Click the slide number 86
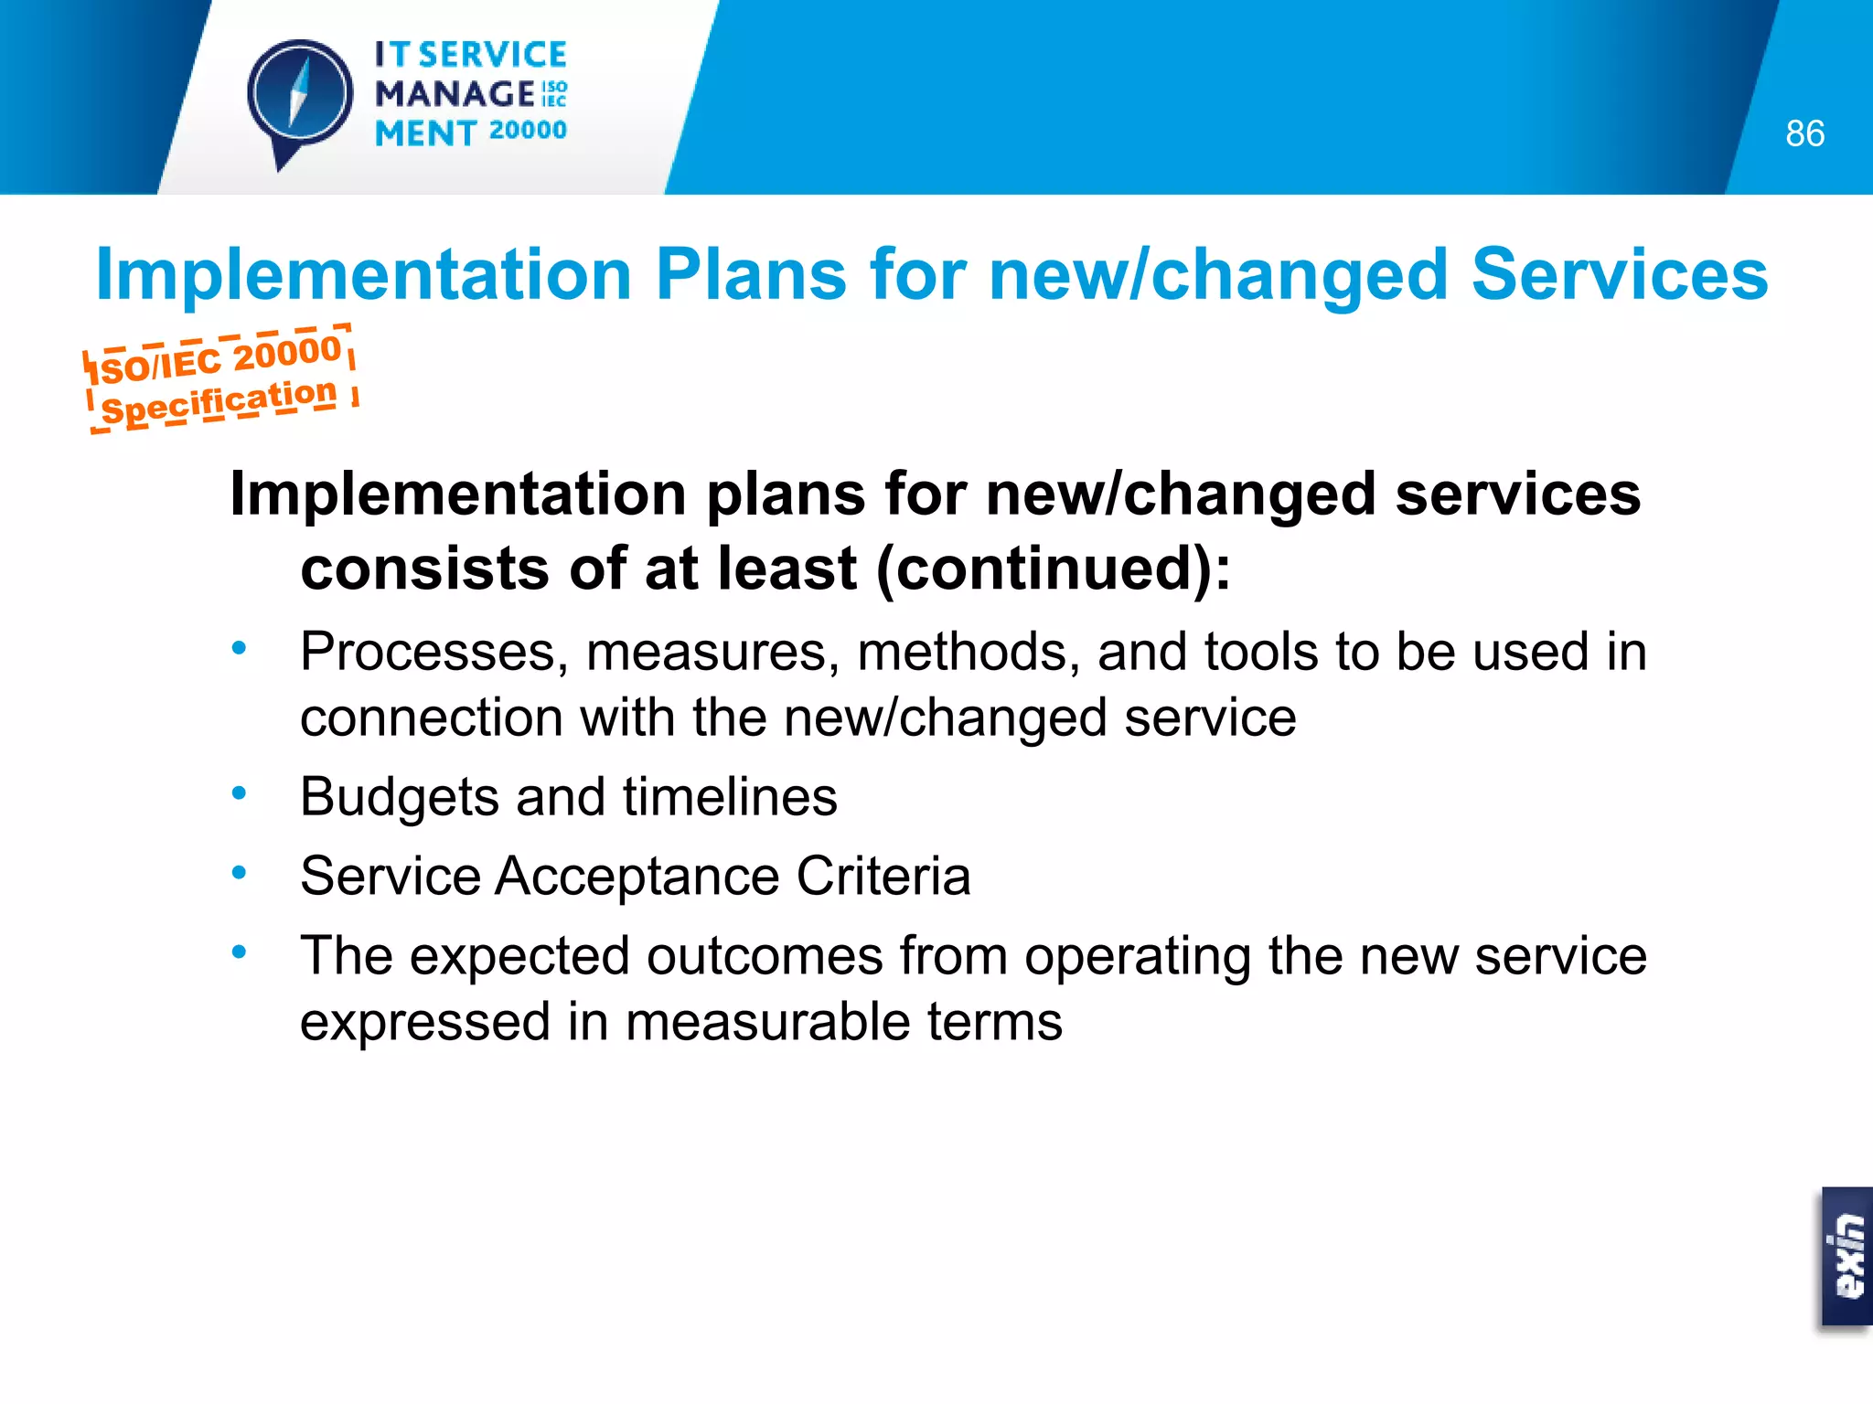pos(1804,133)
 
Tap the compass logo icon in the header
pos(299,97)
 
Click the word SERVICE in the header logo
pos(493,55)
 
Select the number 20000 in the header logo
pos(528,131)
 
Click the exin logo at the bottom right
pos(1846,1256)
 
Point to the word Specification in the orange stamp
pos(219,401)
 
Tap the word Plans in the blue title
pos(751,274)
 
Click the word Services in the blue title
pos(1620,274)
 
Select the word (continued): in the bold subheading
pos(1053,569)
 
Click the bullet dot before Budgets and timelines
pos(240,793)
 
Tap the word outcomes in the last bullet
pos(765,956)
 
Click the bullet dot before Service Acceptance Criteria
pos(240,873)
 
